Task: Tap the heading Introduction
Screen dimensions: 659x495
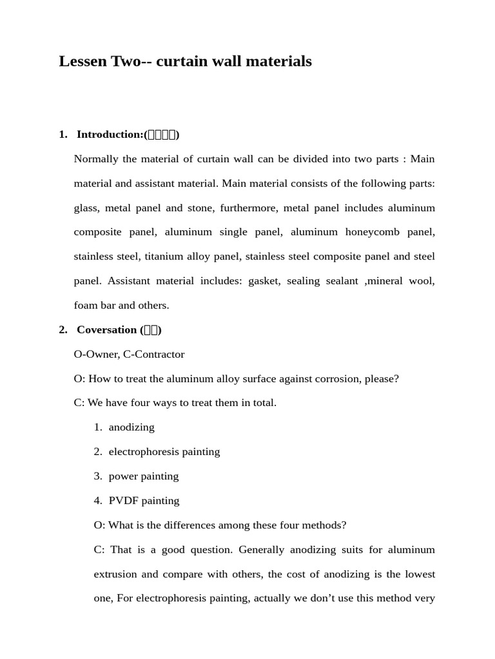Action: (110, 135)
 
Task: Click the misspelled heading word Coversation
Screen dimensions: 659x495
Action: (106, 330)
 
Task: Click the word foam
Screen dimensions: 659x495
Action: (86, 306)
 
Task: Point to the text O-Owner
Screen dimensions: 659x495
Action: (95, 355)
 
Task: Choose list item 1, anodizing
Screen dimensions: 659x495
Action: (131, 428)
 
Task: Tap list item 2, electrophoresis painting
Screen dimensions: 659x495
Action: (164, 452)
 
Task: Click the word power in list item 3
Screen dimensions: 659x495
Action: (123, 477)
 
